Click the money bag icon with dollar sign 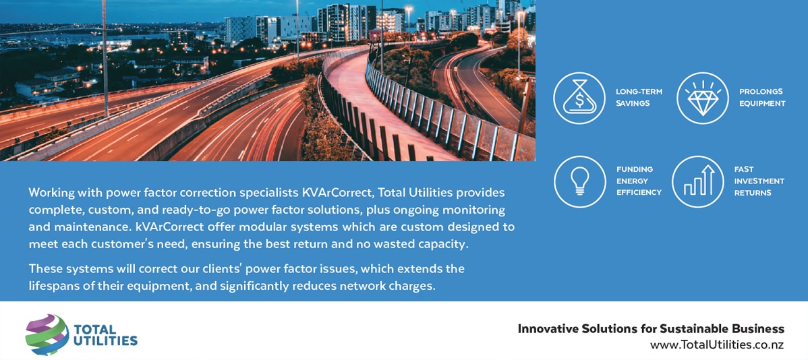[x=579, y=98]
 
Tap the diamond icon [x=702, y=98]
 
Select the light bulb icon [x=580, y=182]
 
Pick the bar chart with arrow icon [x=698, y=182]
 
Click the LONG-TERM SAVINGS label [x=639, y=97]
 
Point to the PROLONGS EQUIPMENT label [x=762, y=97]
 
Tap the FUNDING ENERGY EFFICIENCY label [x=639, y=181]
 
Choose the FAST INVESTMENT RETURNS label [x=759, y=181]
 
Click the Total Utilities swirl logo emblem [x=47, y=334]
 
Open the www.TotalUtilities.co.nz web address [x=717, y=345]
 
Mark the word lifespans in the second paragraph [x=53, y=287]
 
